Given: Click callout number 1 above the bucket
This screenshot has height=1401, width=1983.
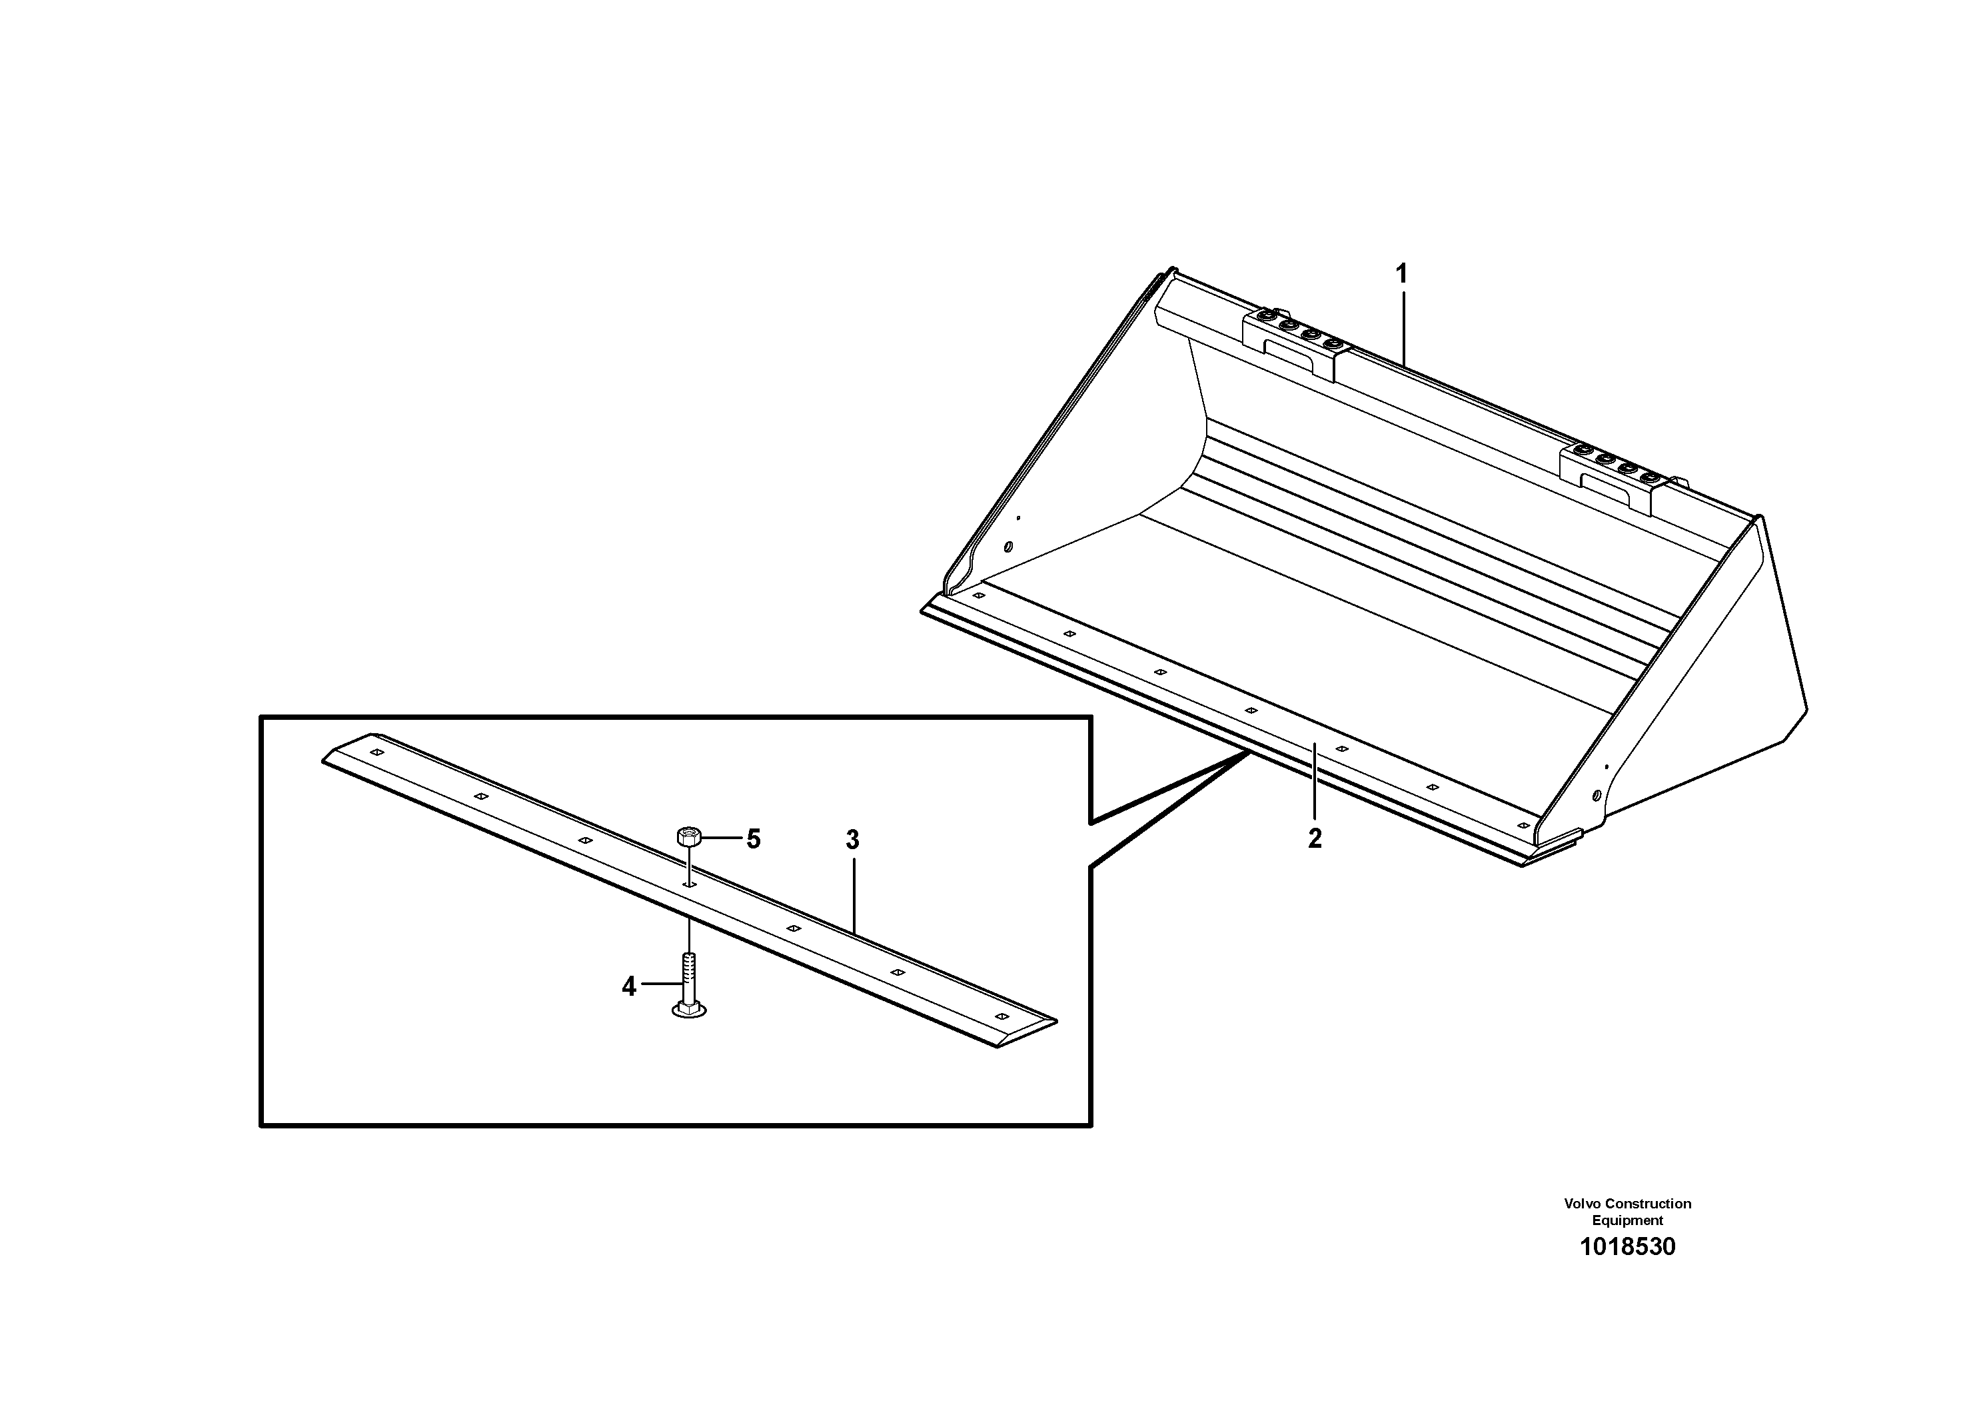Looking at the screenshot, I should click(1402, 275).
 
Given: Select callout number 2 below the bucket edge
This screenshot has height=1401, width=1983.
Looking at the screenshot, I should click(1315, 838).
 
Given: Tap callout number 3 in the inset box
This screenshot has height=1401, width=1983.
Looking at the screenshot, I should click(852, 840).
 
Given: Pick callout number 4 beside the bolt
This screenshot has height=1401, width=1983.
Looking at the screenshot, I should click(629, 986).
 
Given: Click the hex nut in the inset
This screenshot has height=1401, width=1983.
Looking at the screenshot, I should click(688, 835).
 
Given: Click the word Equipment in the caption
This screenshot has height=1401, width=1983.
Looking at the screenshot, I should click(1627, 1220).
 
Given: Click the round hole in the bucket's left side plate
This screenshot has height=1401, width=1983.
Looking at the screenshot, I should click(1008, 547).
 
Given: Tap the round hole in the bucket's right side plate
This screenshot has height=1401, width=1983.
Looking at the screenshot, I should click(1596, 794).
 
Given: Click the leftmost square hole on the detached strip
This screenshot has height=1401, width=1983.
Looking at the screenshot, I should click(376, 752).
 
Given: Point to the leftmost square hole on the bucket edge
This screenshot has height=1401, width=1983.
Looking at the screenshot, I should click(979, 596).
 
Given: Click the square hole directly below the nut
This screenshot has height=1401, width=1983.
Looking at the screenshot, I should click(688, 884).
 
